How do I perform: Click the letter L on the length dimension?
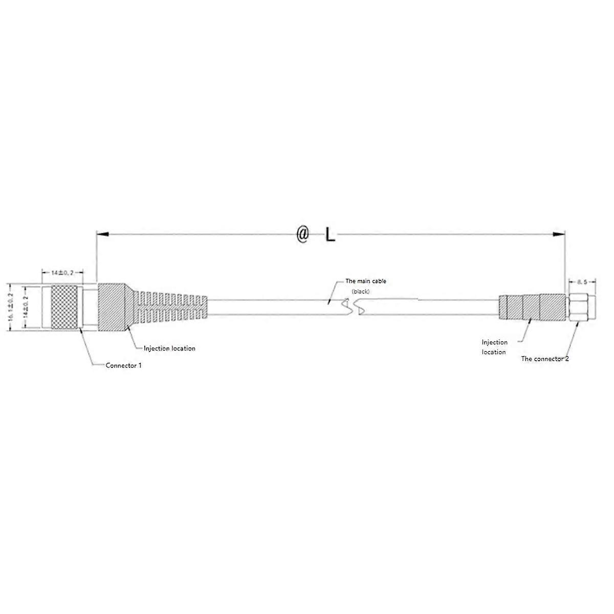click(x=330, y=235)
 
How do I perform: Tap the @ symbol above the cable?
click(x=303, y=235)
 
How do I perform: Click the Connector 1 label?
click(x=123, y=365)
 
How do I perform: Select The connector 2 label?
click(x=544, y=359)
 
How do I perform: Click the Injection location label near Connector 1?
click(x=169, y=348)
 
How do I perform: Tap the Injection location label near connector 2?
click(x=494, y=347)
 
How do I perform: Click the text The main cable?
click(x=366, y=281)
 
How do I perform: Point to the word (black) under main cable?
click(x=360, y=291)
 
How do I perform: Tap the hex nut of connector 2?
click(x=579, y=308)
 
